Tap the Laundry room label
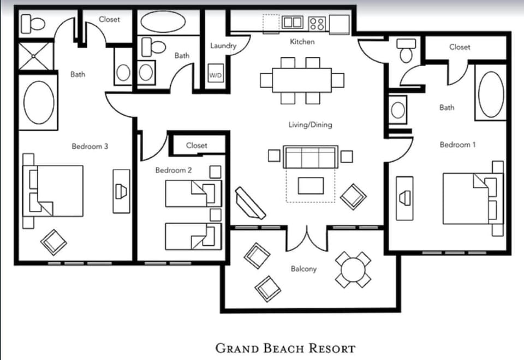223,46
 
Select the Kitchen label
302,42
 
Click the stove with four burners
317,23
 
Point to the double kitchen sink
293,22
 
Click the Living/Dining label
310,125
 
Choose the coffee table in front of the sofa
311,185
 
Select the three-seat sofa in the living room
311,157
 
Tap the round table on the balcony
353,269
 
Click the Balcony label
303,269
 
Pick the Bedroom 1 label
458,145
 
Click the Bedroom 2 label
174,170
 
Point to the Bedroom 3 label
90,146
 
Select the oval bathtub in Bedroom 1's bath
491,95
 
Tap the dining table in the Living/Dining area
302,80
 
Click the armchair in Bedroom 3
55,241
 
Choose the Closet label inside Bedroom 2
196,145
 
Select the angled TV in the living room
249,203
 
